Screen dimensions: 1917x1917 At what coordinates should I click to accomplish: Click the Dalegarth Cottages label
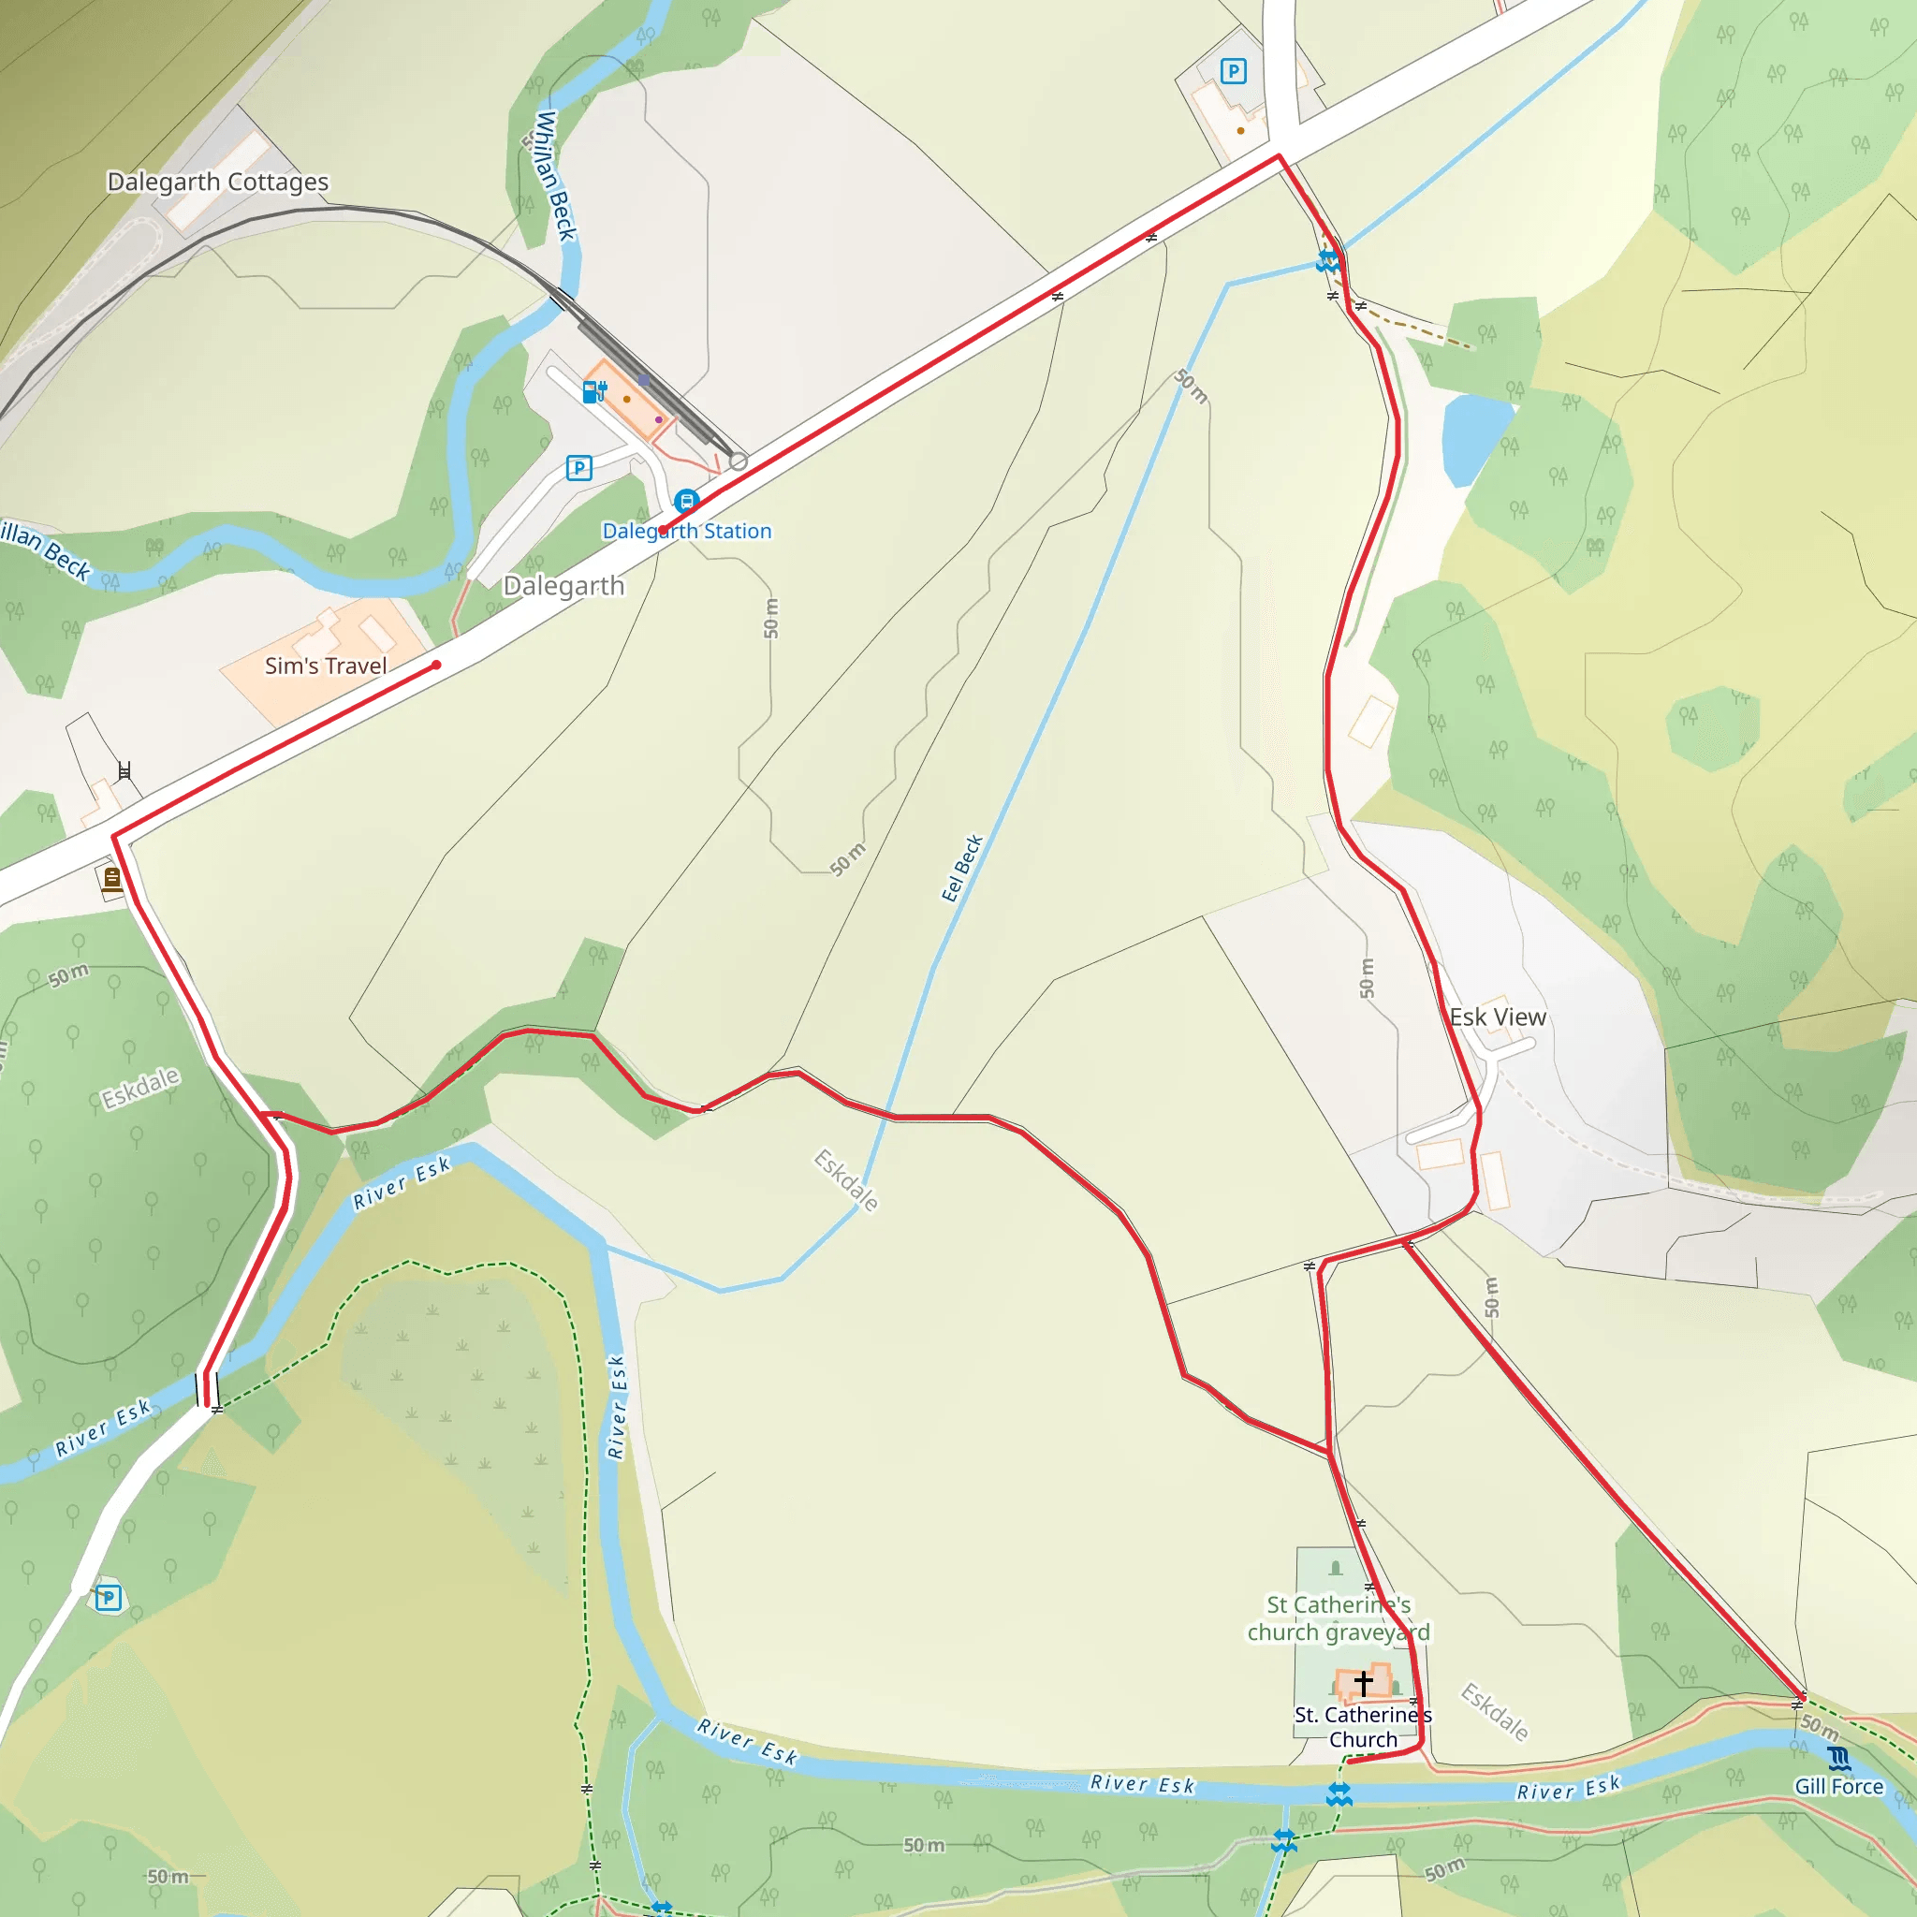coord(217,182)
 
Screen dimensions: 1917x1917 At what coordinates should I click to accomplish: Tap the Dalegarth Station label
coord(687,531)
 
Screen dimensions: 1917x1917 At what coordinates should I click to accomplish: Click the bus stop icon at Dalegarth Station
coord(685,500)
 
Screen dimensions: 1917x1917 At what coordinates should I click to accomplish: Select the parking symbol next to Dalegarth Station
coord(578,467)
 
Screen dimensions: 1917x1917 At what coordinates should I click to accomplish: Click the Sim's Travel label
coord(326,666)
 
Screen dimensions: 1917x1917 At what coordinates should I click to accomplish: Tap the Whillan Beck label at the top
coord(555,175)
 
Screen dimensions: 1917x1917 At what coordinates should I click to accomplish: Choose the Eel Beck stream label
coord(961,869)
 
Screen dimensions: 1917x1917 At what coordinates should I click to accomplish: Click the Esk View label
coord(1498,1017)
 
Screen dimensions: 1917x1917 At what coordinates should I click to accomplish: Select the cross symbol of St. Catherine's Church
coord(1363,1683)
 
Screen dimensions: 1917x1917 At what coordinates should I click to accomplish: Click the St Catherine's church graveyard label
coord(1339,1618)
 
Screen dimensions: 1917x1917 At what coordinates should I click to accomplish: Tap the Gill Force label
coord(1838,1786)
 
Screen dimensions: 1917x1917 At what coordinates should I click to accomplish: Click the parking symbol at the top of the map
coord(1233,71)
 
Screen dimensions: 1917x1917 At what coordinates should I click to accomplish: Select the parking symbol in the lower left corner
coord(110,1598)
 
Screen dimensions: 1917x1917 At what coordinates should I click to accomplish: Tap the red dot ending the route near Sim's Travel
coord(435,665)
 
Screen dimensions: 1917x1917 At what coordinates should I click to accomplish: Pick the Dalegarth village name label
coord(563,585)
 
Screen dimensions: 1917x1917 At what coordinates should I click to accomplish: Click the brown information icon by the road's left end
coord(111,878)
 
